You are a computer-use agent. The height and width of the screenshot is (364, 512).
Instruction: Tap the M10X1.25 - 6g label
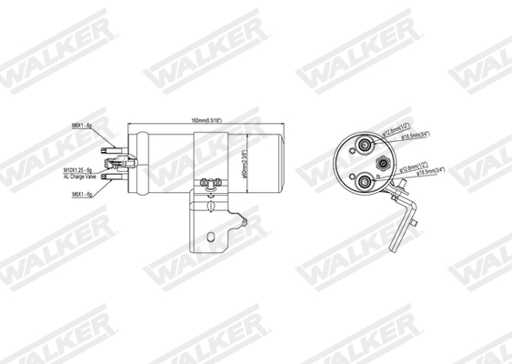click(79, 169)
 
